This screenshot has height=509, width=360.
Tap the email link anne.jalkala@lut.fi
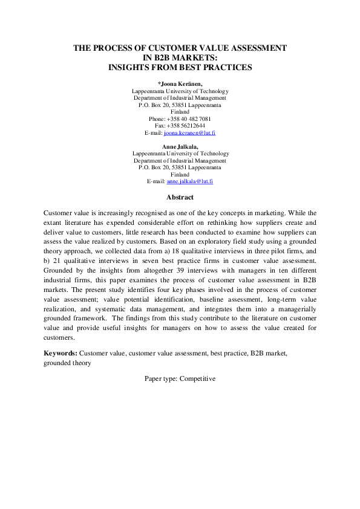pos(190,181)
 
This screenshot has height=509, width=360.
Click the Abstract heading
pos(180,197)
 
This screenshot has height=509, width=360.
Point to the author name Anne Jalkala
pos(180,147)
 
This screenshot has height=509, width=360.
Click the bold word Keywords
pos(61,352)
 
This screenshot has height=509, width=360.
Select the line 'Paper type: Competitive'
pos(180,378)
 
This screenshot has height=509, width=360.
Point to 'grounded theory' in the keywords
pos(68,363)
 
